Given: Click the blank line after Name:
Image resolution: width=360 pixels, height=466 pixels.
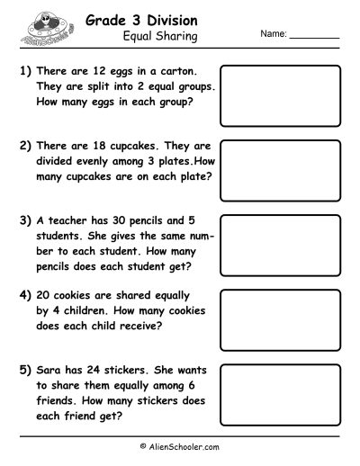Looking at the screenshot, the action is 314,37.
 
